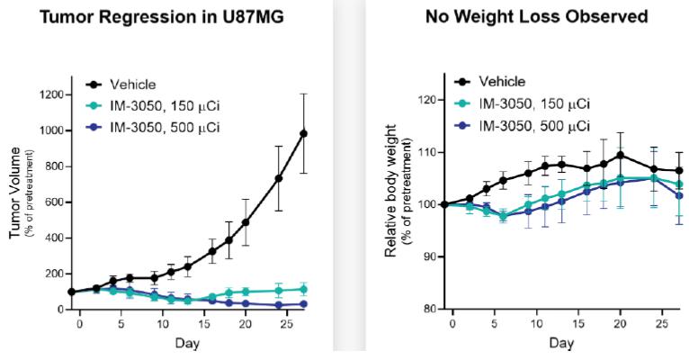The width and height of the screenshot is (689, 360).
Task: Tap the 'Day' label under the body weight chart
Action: coord(561,344)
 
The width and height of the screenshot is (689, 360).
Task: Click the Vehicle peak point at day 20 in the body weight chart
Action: coord(620,155)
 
